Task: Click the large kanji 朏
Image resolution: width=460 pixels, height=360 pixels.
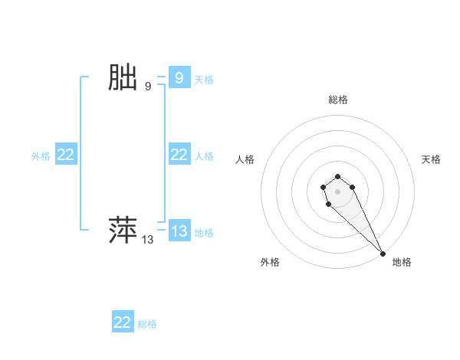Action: (123, 78)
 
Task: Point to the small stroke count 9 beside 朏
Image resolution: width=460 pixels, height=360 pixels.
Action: (148, 87)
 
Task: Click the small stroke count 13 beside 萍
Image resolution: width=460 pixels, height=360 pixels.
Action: (148, 240)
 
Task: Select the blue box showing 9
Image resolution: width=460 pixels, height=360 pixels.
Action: (179, 78)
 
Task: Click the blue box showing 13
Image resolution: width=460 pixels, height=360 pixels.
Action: (179, 231)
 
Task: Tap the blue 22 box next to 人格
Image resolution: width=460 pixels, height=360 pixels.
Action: (179, 155)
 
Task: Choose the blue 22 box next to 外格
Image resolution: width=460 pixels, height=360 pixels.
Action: (66, 155)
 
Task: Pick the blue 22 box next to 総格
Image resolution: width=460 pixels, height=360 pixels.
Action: (123, 322)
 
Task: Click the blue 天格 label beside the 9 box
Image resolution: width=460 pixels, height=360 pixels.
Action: (204, 79)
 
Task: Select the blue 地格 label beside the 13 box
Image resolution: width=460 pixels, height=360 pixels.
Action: (204, 232)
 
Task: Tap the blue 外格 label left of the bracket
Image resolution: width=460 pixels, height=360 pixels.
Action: (41, 155)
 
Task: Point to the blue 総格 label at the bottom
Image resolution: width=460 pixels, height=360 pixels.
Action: (147, 323)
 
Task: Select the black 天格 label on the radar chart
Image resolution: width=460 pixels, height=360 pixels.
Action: (431, 159)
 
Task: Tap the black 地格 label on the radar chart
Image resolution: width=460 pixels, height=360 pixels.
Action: (402, 262)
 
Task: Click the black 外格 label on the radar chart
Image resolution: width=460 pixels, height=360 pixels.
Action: (270, 262)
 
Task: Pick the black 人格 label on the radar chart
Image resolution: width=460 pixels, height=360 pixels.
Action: (245, 159)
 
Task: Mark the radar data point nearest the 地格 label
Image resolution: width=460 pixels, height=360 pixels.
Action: (383, 253)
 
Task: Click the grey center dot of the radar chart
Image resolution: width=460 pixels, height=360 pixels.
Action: (337, 191)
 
